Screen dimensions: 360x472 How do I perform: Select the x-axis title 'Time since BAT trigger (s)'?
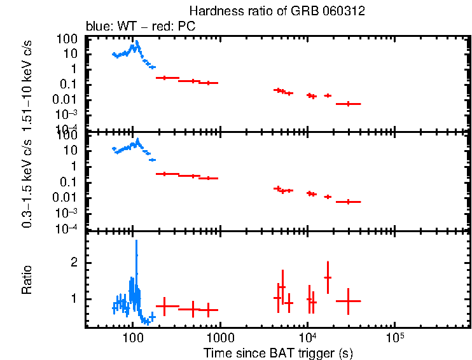click(x=278, y=352)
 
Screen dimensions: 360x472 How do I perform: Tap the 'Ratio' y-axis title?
click(x=27, y=280)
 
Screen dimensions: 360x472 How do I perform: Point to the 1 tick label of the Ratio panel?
click(x=74, y=299)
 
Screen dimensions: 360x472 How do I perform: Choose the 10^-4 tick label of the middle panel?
click(x=66, y=228)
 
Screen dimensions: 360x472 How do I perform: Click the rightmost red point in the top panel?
click(x=348, y=104)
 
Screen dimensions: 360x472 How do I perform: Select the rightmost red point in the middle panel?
click(x=348, y=202)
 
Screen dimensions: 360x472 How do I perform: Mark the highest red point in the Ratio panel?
click(x=328, y=277)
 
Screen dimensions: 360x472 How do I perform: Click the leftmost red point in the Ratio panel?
click(x=165, y=307)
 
